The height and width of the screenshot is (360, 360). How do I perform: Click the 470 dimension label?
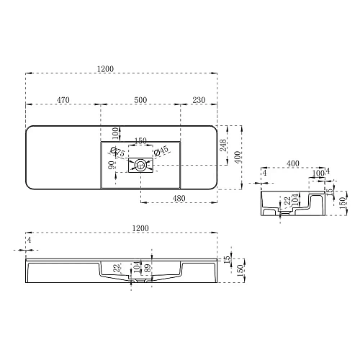63,100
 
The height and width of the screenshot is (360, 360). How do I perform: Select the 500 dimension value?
140,100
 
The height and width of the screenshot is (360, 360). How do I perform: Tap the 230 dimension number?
199,100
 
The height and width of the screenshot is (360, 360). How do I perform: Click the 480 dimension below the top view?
181,198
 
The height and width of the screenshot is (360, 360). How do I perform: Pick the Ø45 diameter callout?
162,150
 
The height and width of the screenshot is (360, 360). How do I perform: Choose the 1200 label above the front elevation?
140,228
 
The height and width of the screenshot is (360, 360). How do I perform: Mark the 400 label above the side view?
293,164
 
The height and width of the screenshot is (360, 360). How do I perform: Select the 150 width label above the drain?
141,141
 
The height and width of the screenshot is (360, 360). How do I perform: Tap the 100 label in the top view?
114,132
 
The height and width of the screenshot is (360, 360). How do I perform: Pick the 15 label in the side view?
329,192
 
